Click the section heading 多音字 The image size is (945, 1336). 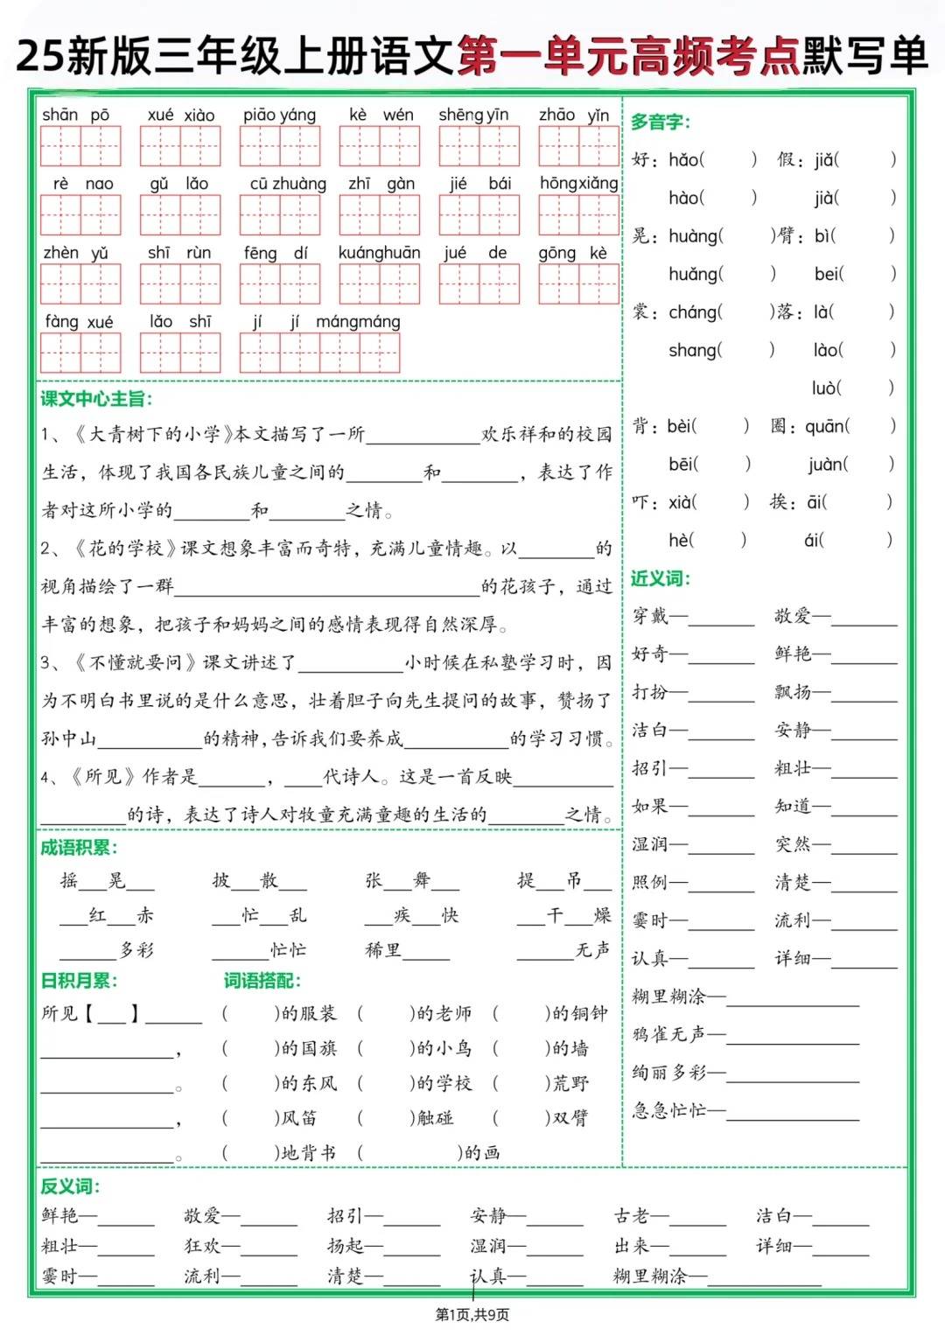pos(661,122)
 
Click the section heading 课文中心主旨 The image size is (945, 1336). pos(96,399)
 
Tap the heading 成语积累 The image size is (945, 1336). pos(79,847)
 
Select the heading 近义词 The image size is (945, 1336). pos(661,578)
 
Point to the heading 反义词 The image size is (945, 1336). pos(70,1186)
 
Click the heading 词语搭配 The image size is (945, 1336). pos(262,981)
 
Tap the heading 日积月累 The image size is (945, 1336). pos(79,981)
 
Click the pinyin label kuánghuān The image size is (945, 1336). pos(379,253)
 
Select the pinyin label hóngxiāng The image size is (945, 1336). pos(578,183)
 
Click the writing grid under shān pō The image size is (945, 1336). pos(80,146)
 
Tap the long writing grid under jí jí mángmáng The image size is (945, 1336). pos(319,353)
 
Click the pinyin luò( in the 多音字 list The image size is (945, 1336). pos(826,388)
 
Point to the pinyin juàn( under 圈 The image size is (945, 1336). pos(827,464)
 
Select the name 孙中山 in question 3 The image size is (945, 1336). pos(69,738)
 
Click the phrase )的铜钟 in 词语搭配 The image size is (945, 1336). pos(577,1013)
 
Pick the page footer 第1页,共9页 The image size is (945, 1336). pos(472,1314)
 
